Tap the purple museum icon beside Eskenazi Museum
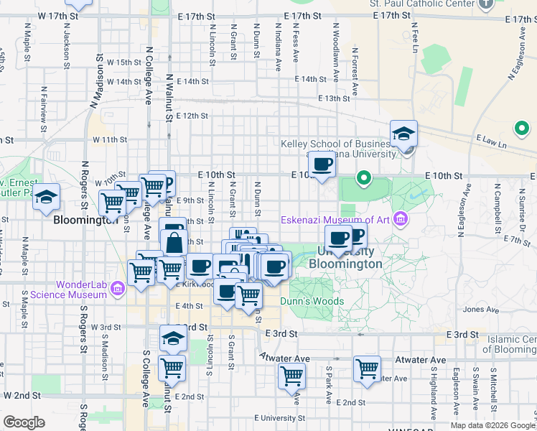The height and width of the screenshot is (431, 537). point(401,218)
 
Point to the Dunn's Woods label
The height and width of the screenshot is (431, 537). point(312,302)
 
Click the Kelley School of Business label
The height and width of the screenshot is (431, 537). point(340,144)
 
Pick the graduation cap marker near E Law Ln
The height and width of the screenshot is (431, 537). point(403,134)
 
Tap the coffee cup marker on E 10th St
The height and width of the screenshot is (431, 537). point(322,164)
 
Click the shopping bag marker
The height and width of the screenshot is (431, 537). point(174,241)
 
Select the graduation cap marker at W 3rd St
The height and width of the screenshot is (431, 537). point(172,337)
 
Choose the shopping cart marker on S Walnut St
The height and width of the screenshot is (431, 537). point(172,368)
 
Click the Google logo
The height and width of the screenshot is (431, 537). point(24,422)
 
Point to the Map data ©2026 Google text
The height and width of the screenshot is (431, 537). point(492,425)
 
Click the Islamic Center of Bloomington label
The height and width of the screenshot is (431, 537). point(511,344)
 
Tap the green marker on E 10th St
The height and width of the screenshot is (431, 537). point(364,177)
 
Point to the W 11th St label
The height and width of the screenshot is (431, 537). point(109,139)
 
